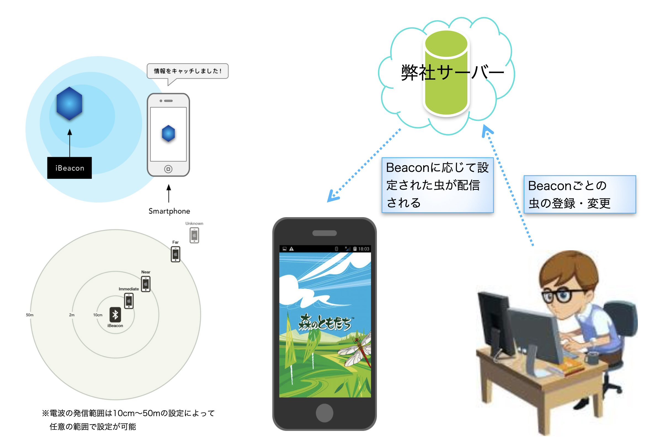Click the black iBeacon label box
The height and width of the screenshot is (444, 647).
click(x=69, y=168)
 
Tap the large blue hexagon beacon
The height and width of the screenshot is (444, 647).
click(x=69, y=103)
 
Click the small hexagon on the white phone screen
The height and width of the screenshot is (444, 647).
click(x=168, y=133)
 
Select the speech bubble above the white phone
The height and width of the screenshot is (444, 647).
click(x=188, y=71)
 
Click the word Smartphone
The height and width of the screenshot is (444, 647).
click(x=169, y=211)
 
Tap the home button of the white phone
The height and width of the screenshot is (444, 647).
click(x=168, y=169)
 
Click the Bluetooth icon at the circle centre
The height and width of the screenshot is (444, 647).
click(x=115, y=315)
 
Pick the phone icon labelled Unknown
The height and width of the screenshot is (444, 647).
click(x=194, y=235)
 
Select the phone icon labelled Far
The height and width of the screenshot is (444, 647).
click(x=175, y=254)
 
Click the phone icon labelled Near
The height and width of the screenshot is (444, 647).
click(x=146, y=284)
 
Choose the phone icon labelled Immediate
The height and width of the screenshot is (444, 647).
click(x=129, y=301)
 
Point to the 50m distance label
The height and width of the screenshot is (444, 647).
click(x=30, y=315)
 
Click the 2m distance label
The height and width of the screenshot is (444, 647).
click(x=72, y=315)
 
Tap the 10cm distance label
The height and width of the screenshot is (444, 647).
click(x=98, y=315)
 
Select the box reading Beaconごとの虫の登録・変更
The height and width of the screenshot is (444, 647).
click(x=580, y=194)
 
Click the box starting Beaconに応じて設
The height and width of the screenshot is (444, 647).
click(x=437, y=185)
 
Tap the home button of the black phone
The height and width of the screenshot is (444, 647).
click(x=324, y=413)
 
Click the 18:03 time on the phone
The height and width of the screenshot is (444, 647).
click(x=364, y=249)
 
